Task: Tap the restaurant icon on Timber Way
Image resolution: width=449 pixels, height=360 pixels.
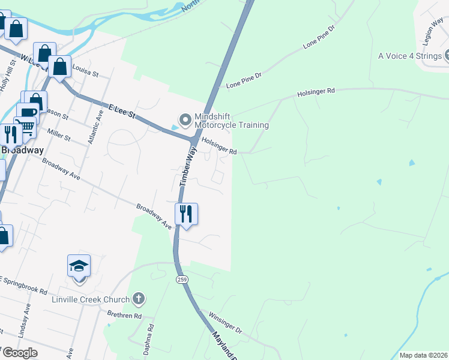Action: pyautogui.click(x=186, y=213)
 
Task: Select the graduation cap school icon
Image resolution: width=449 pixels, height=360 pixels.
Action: pyautogui.click(x=79, y=266)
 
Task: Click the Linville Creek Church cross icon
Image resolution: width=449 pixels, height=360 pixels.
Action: pyautogui.click(x=138, y=299)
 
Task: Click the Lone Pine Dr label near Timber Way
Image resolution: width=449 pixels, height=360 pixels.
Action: pyautogui.click(x=244, y=81)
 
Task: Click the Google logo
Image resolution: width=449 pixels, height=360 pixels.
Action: pyautogui.click(x=19, y=353)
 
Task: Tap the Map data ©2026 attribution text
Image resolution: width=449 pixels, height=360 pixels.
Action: pyautogui.click(x=423, y=355)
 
